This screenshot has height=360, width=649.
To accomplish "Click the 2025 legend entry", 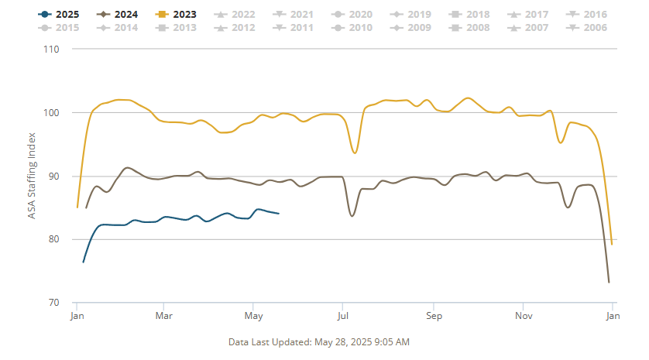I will pyautogui.click(x=57, y=14).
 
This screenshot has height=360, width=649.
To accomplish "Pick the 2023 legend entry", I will pyautogui.click(x=177, y=14).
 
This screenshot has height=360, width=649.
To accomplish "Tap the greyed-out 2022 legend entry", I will pyautogui.click(x=237, y=14).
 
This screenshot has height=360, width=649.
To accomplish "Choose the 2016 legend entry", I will pyautogui.click(x=589, y=14).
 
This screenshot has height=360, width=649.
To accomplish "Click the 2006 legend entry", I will pyautogui.click(x=589, y=28).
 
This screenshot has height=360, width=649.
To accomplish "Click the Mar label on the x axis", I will pyautogui.click(x=163, y=316).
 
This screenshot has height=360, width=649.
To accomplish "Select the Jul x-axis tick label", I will pyautogui.click(x=342, y=316).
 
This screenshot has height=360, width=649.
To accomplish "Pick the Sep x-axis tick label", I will pyautogui.click(x=433, y=316).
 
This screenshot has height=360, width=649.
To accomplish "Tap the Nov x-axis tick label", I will pyautogui.click(x=524, y=316).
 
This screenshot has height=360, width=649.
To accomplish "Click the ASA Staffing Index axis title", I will pyautogui.click(x=32, y=176).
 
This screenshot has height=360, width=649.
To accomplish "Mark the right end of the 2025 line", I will pyautogui.click(x=279, y=213).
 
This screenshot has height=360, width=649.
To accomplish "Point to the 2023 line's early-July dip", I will pyautogui.click(x=355, y=153).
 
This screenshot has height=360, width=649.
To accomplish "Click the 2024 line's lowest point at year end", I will pyautogui.click(x=609, y=282).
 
